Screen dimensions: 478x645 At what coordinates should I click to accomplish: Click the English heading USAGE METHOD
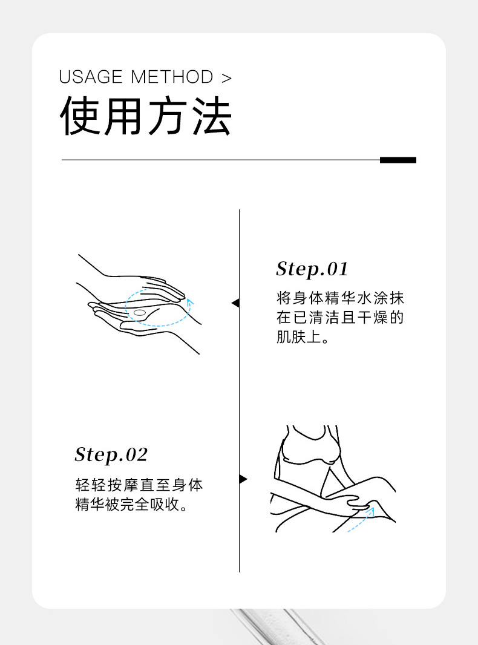point(136,77)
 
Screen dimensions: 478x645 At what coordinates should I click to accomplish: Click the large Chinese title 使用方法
point(145,117)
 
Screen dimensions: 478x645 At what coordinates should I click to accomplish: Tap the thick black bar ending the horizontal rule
point(398,160)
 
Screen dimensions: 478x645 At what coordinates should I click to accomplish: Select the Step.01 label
point(312,269)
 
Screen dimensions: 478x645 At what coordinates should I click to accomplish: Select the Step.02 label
point(111,454)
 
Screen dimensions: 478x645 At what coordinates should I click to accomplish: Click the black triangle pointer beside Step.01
point(235,303)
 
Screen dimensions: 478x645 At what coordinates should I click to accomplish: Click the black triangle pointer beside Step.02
point(243,479)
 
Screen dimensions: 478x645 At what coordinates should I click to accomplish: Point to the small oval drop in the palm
point(140,313)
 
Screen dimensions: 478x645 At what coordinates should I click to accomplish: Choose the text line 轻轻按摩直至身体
point(139,485)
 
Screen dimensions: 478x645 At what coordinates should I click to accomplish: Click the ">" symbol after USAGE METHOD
point(226,78)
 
